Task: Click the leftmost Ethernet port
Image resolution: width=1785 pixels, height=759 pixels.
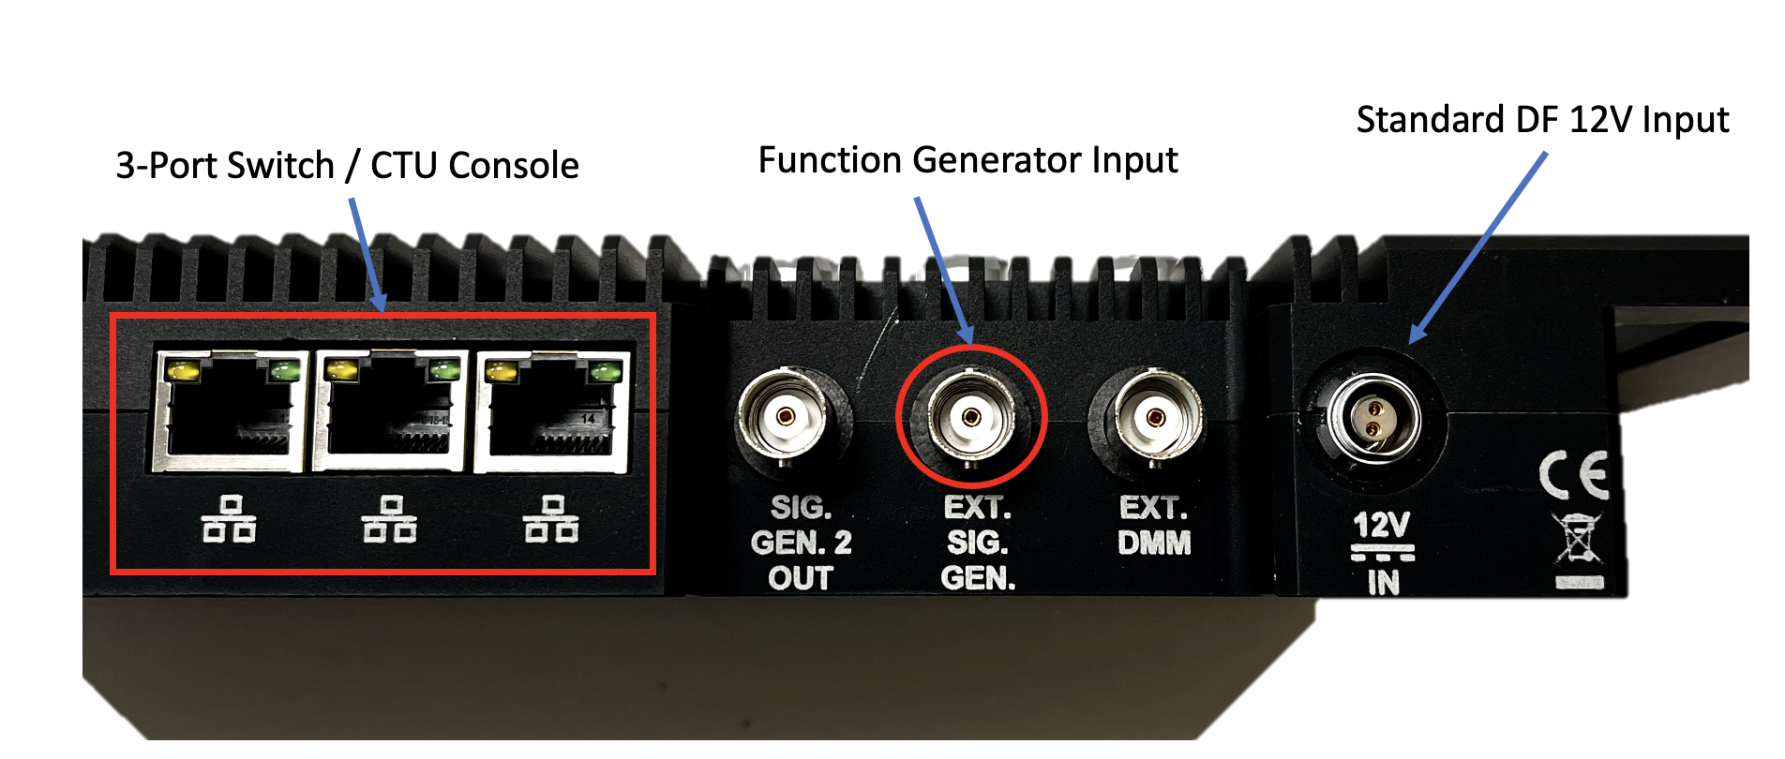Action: (230, 412)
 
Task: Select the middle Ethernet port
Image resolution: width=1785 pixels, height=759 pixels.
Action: (390, 412)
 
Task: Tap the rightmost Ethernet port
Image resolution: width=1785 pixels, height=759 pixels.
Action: (551, 412)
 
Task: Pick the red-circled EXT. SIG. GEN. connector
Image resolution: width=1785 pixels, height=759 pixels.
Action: (970, 416)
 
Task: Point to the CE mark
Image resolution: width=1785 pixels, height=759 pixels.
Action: (1574, 475)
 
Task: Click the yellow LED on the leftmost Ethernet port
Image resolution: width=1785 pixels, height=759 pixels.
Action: (183, 371)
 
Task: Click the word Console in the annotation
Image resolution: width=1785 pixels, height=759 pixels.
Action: (514, 166)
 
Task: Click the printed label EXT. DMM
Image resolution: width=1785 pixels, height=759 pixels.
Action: (1154, 526)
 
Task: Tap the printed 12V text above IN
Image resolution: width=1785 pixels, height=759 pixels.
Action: (1381, 525)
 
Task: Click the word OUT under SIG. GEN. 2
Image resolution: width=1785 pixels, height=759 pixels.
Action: (800, 578)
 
